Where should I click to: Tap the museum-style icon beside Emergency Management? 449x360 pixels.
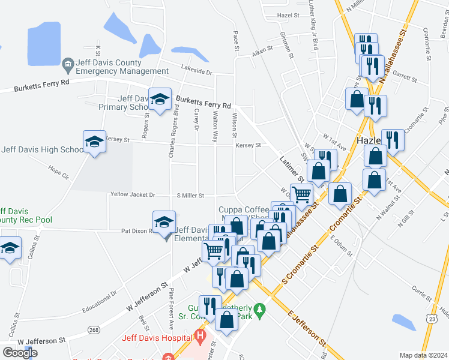coord(67,63)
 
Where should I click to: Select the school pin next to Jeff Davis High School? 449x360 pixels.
coord(94,142)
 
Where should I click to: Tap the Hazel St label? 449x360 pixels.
coord(289,32)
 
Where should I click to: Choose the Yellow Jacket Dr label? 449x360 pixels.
coord(132,195)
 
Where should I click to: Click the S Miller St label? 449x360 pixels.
coord(190,196)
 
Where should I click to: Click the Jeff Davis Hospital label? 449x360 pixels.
coord(158,337)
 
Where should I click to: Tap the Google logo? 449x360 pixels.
coord(20,353)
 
